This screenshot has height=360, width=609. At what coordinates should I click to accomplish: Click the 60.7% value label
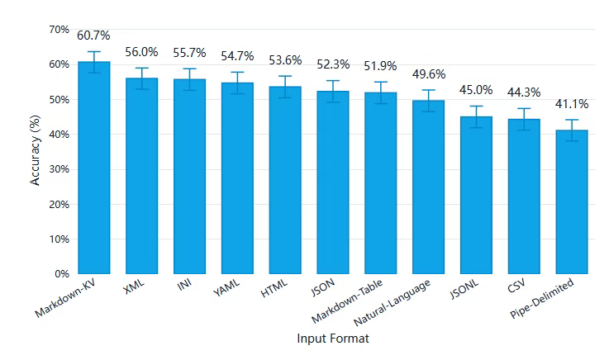(x=94, y=36)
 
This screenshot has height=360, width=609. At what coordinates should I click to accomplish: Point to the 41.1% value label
(x=571, y=104)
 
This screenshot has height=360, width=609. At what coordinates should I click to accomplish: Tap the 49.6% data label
(x=428, y=74)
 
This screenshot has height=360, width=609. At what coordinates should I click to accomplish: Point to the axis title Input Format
(x=331, y=339)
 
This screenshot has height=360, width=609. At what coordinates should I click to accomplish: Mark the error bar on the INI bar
(x=189, y=79)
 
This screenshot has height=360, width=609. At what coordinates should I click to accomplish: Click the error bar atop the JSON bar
(x=333, y=91)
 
